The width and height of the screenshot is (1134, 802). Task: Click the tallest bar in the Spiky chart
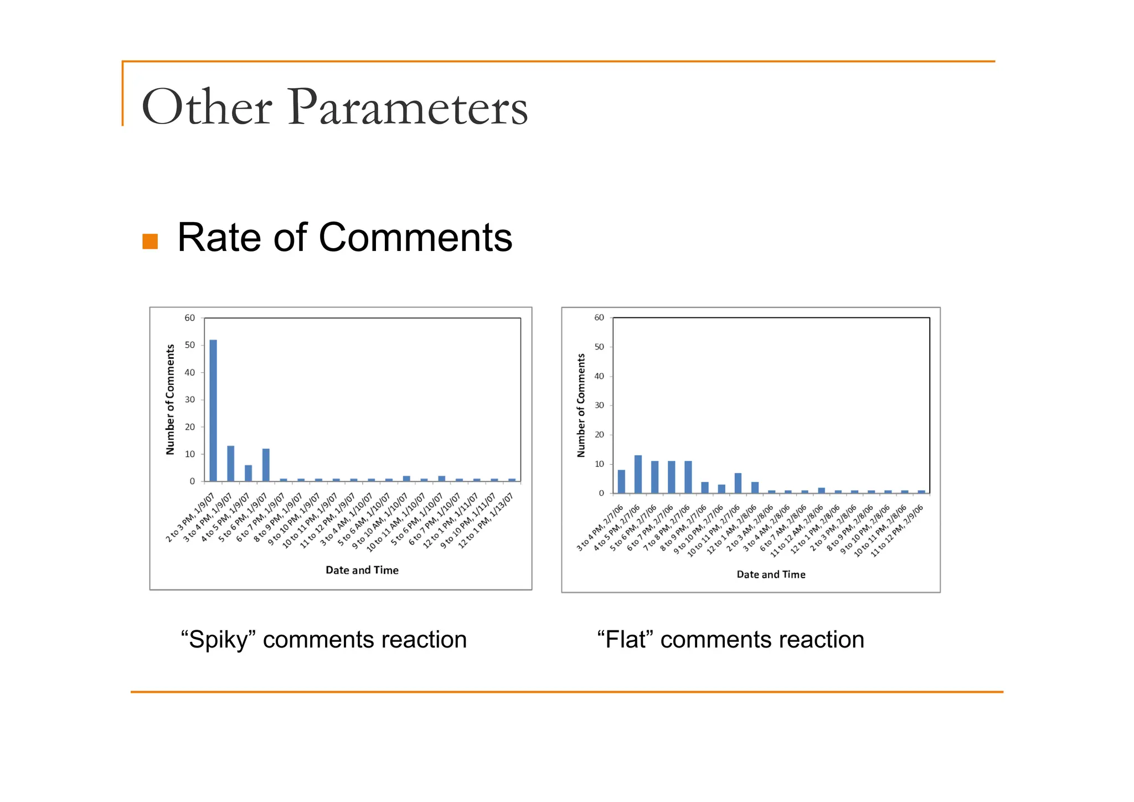pyautogui.click(x=213, y=410)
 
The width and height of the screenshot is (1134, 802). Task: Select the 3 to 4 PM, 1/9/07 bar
pyautogui.click(x=230, y=464)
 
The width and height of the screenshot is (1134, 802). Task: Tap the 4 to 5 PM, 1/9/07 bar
pyautogui.click(x=248, y=473)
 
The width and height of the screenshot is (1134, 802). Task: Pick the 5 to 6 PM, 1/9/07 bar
pyautogui.click(x=266, y=465)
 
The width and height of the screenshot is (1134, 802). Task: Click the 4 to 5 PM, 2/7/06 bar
pyautogui.click(x=638, y=474)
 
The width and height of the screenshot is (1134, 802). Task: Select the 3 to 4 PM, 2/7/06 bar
pyautogui.click(x=621, y=481)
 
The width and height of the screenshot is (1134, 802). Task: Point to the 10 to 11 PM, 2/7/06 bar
pyautogui.click(x=738, y=483)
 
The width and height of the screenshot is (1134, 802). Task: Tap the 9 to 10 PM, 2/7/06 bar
pyautogui.click(x=721, y=489)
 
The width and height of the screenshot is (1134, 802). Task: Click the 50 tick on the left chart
pyautogui.click(x=190, y=345)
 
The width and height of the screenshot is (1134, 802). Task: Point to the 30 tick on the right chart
pyautogui.click(x=599, y=405)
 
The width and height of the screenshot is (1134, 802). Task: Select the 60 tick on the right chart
pyautogui.click(x=599, y=317)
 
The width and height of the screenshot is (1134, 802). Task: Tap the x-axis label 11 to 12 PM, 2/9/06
pyautogui.click(x=897, y=531)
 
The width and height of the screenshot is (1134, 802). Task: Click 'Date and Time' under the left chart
pyautogui.click(x=362, y=570)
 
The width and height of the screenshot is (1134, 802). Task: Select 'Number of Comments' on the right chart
pyautogui.click(x=581, y=405)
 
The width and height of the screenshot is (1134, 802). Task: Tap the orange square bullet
pyautogui.click(x=150, y=241)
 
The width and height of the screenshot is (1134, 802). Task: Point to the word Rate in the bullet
pyautogui.click(x=219, y=238)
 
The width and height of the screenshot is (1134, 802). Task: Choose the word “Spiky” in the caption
pyautogui.click(x=218, y=640)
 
